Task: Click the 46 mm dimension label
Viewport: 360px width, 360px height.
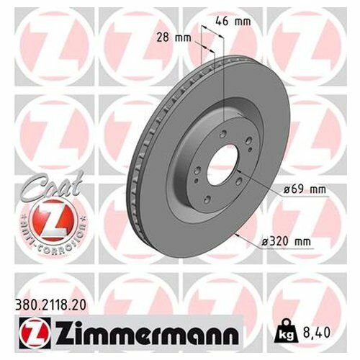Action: [233, 22]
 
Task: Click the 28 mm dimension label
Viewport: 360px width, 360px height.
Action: [174, 37]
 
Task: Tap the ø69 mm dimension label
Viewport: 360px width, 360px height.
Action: [305, 189]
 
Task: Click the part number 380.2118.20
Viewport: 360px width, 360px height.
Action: [50, 305]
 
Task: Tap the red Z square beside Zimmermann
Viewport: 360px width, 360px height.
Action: [35, 333]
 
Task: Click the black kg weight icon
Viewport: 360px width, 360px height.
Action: [287, 331]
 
